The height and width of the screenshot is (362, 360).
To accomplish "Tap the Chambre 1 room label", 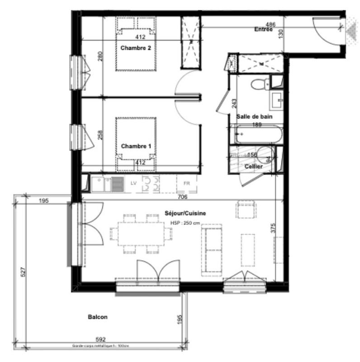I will click(136, 146).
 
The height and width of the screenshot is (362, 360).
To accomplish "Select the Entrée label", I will click(263, 30).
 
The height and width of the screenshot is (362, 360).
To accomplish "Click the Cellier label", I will click(253, 167).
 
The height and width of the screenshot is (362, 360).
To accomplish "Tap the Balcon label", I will click(98, 317).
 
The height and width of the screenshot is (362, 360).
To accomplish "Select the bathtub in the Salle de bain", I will click(256, 134).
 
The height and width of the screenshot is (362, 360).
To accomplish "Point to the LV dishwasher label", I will click(133, 183).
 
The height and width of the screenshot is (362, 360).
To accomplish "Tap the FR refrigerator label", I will click(186, 183).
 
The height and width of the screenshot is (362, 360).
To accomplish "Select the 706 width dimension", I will click(183, 197).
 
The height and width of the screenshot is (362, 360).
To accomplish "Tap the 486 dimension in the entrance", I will click(270, 24).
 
